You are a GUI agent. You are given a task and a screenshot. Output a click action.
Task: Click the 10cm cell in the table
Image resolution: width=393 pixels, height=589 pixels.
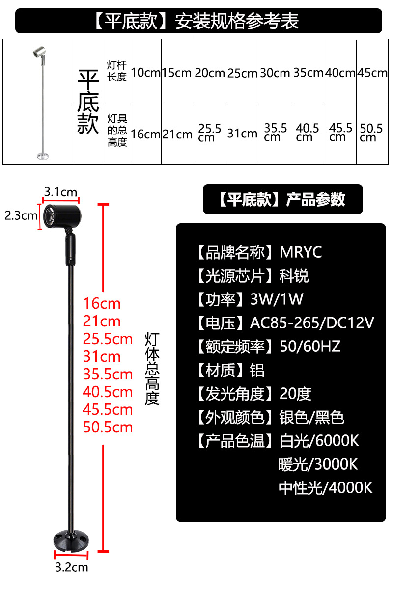146,73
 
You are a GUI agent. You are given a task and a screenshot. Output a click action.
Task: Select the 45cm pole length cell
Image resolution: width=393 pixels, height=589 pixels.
372,73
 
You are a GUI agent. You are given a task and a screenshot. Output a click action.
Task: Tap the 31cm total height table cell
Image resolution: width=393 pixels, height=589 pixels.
242,133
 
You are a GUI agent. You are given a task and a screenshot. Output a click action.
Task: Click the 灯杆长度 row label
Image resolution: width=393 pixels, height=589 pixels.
117,71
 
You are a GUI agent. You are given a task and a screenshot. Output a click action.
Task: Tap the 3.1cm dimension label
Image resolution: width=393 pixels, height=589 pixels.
61,192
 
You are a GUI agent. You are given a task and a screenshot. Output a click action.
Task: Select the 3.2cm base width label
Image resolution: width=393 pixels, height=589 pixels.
71,567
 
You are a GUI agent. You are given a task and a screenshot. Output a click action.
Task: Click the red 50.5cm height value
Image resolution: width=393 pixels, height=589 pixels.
108,427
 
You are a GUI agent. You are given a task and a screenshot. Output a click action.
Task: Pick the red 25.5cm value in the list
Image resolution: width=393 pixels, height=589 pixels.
108,339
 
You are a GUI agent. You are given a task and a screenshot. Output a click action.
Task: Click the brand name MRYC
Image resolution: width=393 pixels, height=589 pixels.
301,252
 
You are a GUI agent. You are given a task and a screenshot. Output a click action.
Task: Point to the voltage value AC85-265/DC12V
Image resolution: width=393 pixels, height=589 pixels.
312,323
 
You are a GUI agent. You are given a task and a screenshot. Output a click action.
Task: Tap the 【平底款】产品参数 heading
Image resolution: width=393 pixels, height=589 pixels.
282,199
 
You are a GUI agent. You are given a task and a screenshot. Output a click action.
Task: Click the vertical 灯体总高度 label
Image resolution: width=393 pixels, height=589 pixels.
152,368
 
